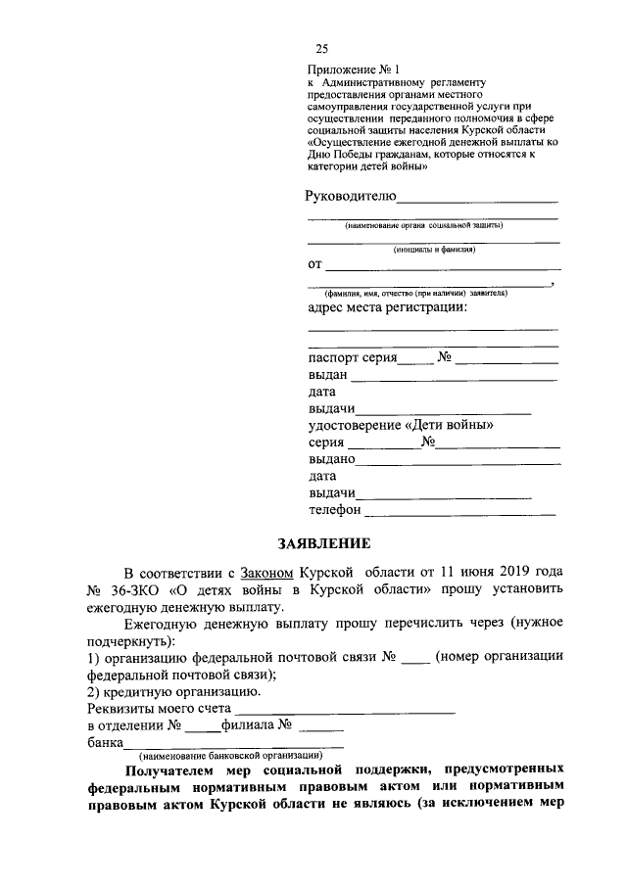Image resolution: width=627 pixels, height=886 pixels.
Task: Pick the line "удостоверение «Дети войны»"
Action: click(x=401, y=426)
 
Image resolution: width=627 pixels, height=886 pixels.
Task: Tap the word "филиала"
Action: click(x=247, y=725)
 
